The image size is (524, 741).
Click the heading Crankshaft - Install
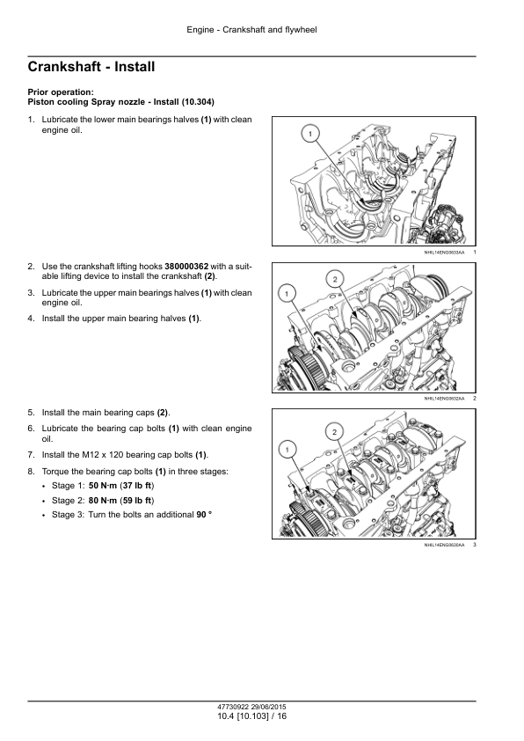(x=91, y=67)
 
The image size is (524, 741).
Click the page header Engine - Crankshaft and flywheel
(x=251, y=30)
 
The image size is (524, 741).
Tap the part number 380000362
(x=186, y=267)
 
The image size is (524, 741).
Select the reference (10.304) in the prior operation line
(x=198, y=101)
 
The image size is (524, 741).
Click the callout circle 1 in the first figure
(x=310, y=135)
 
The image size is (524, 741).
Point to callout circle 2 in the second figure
(x=335, y=279)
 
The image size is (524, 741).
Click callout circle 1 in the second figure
(x=287, y=293)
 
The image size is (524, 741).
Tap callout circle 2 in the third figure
(x=335, y=432)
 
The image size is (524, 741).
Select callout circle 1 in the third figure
(x=287, y=450)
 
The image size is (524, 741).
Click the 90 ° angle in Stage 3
(x=204, y=515)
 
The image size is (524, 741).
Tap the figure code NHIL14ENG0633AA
(x=444, y=253)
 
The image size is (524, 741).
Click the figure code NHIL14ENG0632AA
(x=444, y=399)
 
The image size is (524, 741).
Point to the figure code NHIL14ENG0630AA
(x=444, y=546)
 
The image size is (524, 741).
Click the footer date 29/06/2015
(x=268, y=708)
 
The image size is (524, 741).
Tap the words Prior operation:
(x=61, y=92)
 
